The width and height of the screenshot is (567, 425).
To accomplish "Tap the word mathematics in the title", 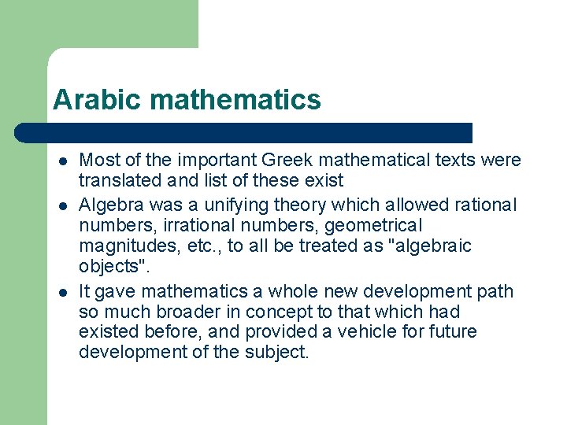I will [235, 100].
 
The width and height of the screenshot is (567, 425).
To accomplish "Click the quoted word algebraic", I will [430, 246].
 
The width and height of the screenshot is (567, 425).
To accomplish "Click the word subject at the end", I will [280, 352].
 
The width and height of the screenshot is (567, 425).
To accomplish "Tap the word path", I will [495, 291].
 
